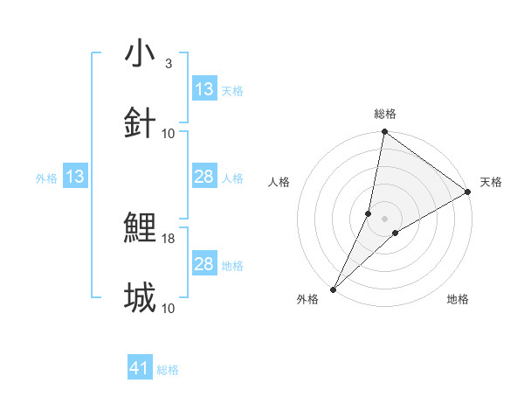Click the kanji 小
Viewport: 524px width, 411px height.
coord(141,53)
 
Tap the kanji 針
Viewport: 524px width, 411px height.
coord(141,123)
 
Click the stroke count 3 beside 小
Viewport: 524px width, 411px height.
coord(169,64)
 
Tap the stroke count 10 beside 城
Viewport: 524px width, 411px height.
coord(169,308)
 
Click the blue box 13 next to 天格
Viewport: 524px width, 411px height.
coord(204,89)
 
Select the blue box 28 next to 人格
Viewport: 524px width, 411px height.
coord(204,178)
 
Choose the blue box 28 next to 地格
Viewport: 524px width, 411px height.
coord(204,264)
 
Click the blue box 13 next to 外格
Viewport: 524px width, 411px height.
coord(75,178)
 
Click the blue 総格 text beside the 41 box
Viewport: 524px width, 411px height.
coord(169,370)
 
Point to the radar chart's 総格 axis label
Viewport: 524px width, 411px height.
coord(385,114)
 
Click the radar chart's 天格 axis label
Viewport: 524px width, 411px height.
coord(491,182)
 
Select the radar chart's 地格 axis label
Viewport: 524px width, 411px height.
coord(458,299)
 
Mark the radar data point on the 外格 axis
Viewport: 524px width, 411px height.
coord(334,289)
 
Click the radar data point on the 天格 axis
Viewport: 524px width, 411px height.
coord(468,192)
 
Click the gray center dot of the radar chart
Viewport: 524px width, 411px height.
coord(385,219)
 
